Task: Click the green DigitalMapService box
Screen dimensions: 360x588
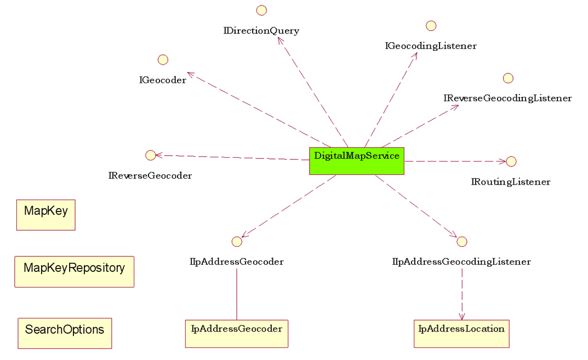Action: pos(357,161)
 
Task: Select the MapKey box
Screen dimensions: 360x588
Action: pos(46,215)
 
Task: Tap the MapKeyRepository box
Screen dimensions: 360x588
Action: pos(74,271)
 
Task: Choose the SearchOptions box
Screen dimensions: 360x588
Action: pos(65,333)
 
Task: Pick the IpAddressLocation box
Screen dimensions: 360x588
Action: pos(461,333)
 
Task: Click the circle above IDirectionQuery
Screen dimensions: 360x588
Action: pos(261,10)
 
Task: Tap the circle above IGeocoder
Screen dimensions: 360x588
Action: pos(162,60)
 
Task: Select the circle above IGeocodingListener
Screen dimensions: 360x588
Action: pos(431,26)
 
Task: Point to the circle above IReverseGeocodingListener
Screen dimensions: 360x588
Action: pos(508,78)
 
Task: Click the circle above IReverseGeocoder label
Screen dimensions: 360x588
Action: pos(151,155)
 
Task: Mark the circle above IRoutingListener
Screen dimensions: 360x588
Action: pos(511,161)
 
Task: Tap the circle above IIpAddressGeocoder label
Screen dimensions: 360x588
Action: pos(237,242)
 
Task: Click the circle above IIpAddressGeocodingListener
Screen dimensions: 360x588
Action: pos(461,242)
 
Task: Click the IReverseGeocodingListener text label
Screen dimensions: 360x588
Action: pos(507,99)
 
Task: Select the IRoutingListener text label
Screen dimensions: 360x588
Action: pos(511,182)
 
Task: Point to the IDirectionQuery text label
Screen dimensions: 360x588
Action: pos(261,31)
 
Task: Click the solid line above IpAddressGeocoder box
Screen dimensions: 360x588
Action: pos(237,293)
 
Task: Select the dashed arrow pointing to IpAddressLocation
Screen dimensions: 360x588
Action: pos(461,293)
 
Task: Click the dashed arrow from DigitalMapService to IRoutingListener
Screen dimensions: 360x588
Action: pos(455,161)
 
